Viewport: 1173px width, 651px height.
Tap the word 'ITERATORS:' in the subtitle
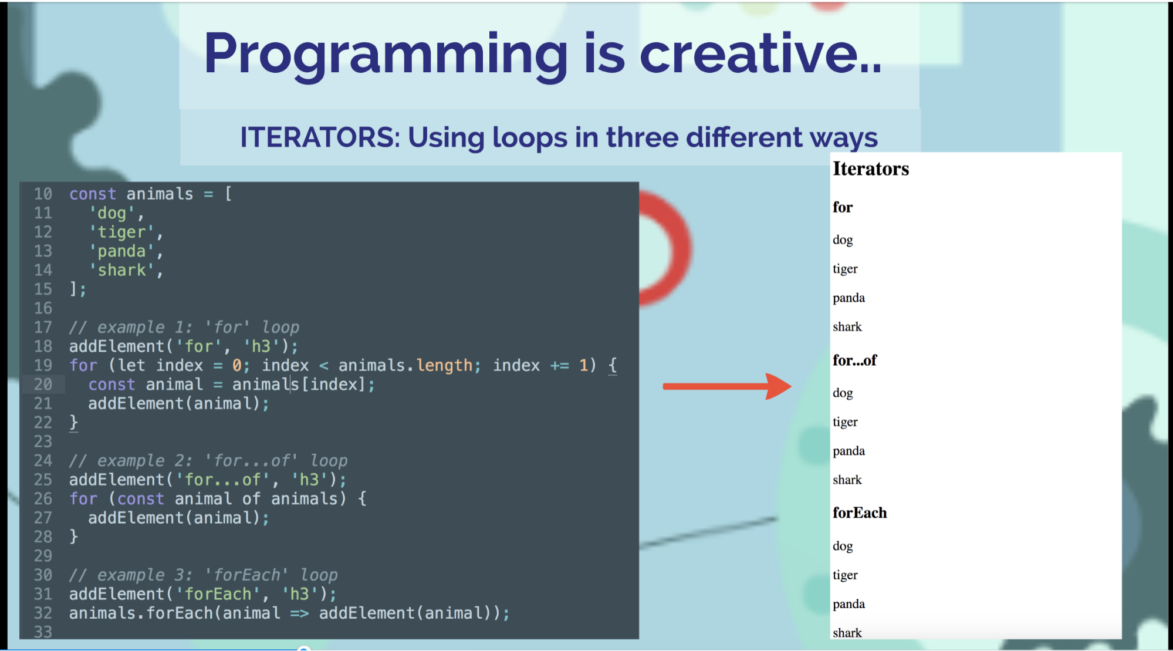tap(319, 138)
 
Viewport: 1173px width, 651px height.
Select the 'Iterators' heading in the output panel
tap(870, 169)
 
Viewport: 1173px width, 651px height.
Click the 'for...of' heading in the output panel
tap(854, 360)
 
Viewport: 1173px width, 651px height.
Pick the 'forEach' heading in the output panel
tap(859, 513)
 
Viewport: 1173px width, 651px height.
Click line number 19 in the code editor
tap(43, 366)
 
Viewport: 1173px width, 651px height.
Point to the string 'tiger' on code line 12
tap(121, 232)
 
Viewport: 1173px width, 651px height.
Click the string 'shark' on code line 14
tap(121, 271)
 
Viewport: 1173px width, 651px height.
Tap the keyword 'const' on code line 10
tap(93, 194)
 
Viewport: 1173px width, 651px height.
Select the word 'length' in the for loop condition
tap(444, 366)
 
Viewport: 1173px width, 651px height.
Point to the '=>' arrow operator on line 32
tap(299, 613)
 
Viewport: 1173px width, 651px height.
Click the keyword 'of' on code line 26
tap(251, 499)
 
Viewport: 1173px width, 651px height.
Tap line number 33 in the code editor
tap(43, 632)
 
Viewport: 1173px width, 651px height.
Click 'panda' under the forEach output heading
tap(849, 604)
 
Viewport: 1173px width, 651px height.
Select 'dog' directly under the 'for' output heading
tap(843, 240)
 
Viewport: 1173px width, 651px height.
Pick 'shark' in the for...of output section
tap(847, 480)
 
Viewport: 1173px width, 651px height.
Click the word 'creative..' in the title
tap(760, 54)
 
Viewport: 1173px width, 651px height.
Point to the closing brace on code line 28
tap(74, 537)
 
